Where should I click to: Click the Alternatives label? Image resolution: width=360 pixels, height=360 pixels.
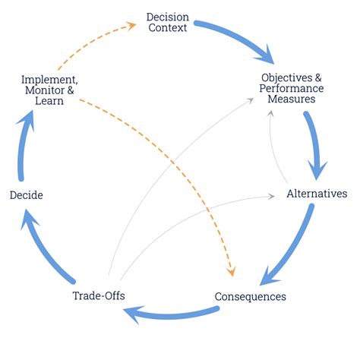point(317,194)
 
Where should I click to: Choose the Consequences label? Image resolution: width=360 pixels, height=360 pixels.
point(250,296)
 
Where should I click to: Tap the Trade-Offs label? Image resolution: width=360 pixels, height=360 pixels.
point(98,295)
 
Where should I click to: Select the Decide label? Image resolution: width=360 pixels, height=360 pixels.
point(26,195)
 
